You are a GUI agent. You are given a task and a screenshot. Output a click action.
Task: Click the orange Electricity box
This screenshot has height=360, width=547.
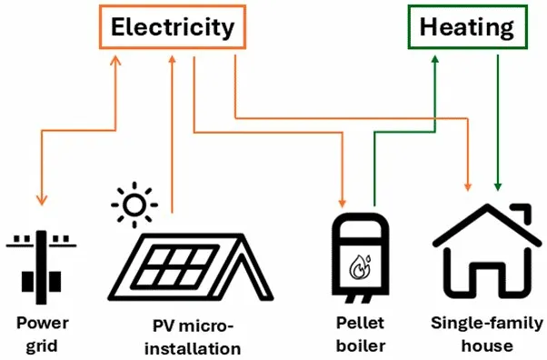pos(172,28)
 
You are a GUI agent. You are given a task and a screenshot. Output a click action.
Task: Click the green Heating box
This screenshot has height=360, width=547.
pos(466,28)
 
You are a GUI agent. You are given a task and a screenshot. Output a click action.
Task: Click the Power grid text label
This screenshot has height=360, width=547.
pos(42,334)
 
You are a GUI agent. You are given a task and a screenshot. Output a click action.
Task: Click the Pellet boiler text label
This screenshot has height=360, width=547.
pos(360,334)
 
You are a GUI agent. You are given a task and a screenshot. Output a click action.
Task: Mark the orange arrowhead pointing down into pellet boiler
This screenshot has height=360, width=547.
pos(343,200)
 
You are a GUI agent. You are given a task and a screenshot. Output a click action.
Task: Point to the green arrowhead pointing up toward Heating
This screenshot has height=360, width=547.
pos(434,58)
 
